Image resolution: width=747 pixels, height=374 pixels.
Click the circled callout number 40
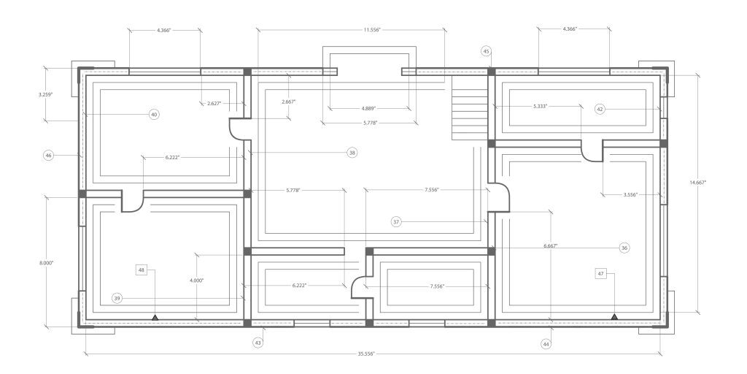pyautogui.click(x=154, y=115)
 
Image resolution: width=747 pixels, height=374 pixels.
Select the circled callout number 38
pyautogui.click(x=352, y=153)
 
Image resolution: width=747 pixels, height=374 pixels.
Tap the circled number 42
pyautogui.click(x=600, y=109)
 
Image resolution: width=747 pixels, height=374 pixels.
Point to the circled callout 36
pyautogui.click(x=624, y=248)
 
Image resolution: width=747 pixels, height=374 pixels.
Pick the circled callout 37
pyautogui.click(x=396, y=221)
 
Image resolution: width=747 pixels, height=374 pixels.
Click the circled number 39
pyautogui.click(x=117, y=298)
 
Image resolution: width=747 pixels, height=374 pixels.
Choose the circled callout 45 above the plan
pyautogui.click(x=487, y=51)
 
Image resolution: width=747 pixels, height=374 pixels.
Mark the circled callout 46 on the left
pyautogui.click(x=48, y=155)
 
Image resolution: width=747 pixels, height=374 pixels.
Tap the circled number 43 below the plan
pyautogui.click(x=258, y=342)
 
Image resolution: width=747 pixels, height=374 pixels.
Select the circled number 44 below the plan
pyautogui.click(x=546, y=343)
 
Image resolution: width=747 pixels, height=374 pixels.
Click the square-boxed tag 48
pyautogui.click(x=142, y=270)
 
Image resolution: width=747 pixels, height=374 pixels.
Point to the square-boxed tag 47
pyautogui.click(x=601, y=273)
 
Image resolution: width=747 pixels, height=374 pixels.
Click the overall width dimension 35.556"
pyautogui.click(x=366, y=354)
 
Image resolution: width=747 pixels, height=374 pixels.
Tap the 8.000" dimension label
pyautogui.click(x=46, y=262)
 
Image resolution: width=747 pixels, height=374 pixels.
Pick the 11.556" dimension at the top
pyautogui.click(x=372, y=30)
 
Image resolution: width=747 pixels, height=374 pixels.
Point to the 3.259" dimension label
pyautogui.click(x=46, y=94)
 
